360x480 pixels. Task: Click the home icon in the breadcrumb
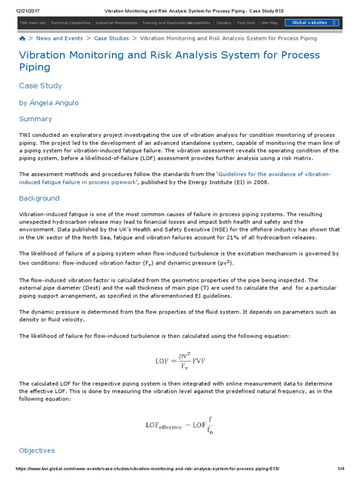tap(22, 38)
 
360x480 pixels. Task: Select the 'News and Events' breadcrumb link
tap(59, 38)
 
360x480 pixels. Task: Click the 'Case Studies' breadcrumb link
tap(111, 38)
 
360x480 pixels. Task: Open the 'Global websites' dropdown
tap(312, 22)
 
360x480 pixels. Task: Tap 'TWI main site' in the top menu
tap(32, 22)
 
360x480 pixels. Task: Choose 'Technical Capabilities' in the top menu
tap(70, 22)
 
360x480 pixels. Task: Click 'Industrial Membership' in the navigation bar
tap(116, 22)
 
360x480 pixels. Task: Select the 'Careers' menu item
tap(224, 22)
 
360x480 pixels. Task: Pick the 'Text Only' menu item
tap(246, 22)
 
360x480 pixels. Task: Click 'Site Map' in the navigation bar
tap(269, 22)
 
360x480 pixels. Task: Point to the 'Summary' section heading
tap(35, 119)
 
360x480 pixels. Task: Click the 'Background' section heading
tap(39, 198)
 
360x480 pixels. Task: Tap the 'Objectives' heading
tap(37, 450)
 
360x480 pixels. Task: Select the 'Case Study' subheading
tap(40, 86)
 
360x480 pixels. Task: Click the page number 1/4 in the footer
tap(341, 469)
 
